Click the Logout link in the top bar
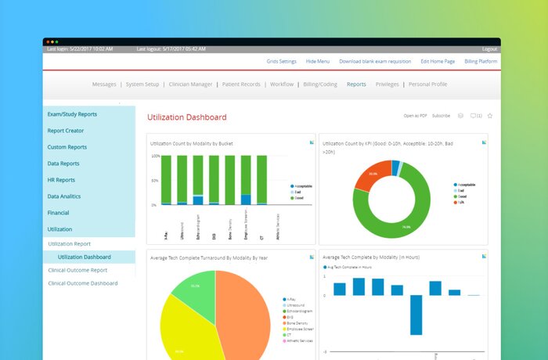490,49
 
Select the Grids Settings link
281,61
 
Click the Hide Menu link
318,61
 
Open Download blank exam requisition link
376,61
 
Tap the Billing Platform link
481,61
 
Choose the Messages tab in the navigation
104,84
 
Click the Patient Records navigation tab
242,84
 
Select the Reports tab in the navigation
356,84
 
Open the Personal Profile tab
428,84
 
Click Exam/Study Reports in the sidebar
72,114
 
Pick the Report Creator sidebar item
66,131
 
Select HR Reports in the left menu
61,180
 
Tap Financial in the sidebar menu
58,212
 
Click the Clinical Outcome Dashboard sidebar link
83,283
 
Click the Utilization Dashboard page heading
187,117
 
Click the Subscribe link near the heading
442,116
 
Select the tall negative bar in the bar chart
416,315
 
